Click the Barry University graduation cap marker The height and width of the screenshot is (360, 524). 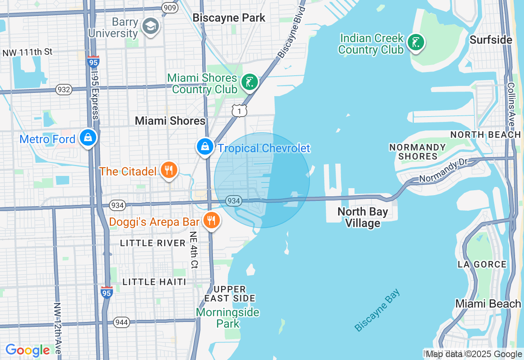tap(150, 26)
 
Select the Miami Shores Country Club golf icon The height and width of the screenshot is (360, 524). tap(249, 82)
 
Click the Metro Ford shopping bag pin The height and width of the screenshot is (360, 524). tap(88, 138)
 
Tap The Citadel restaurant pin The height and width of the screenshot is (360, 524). tap(169, 170)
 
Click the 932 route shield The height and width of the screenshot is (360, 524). tap(64, 90)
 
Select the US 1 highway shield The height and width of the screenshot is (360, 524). tap(239, 110)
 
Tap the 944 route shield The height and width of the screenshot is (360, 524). tap(122, 322)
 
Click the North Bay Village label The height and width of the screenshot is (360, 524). tap(363, 217)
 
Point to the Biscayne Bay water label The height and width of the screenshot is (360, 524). tap(377, 310)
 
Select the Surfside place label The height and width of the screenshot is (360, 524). tap(491, 40)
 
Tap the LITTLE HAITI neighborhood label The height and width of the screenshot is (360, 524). tap(155, 282)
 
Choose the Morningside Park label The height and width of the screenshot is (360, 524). tap(228, 318)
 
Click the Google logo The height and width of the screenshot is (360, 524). tap(28, 350)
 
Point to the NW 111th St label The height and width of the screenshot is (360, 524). tap(27, 52)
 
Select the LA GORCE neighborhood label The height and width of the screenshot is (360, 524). tap(482, 265)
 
